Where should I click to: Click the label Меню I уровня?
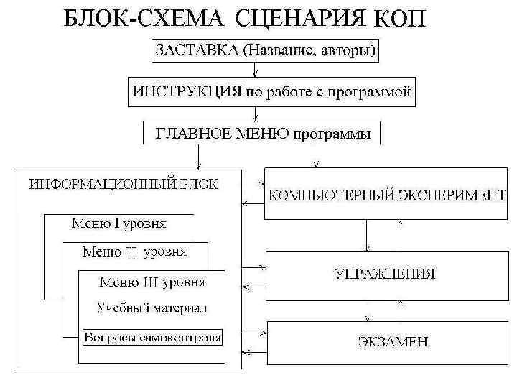tap(119, 223)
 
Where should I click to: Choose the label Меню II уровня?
tap(134, 251)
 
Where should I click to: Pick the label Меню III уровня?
tap(152, 281)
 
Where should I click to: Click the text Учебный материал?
tap(152, 308)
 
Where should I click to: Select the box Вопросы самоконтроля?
tap(153, 336)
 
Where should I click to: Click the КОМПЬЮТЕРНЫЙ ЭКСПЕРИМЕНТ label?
tap(387, 194)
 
